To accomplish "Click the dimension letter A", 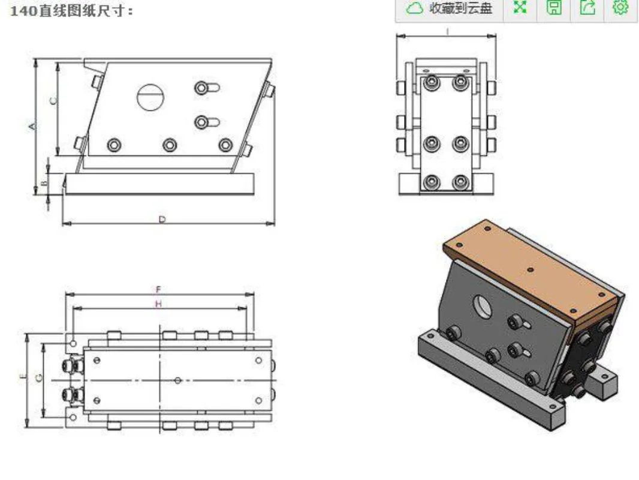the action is click(x=32, y=127).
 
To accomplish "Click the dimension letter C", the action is click(x=53, y=100).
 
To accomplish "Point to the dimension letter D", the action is click(x=162, y=220).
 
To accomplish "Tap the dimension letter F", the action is click(x=158, y=290).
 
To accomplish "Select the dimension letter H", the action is click(x=158, y=304).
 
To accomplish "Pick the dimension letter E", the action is click(x=23, y=376).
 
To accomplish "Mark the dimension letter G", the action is click(x=39, y=378).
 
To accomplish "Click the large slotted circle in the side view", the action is click(x=150, y=97).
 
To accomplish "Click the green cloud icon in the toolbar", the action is click(x=414, y=8).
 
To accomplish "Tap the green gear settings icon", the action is click(x=620, y=7).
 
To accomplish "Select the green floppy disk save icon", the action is click(x=553, y=7).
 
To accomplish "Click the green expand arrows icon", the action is click(x=520, y=7).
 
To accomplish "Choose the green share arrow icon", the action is click(x=587, y=7).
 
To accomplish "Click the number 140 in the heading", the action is click(x=23, y=11).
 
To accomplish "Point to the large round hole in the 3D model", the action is click(x=483, y=307).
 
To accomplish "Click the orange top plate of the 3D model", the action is click(x=530, y=269).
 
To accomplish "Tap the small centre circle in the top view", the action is click(x=177, y=380).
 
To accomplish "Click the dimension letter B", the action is click(x=45, y=182).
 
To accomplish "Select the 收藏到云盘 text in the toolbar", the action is click(x=460, y=8).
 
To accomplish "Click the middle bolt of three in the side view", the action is click(x=170, y=145).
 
